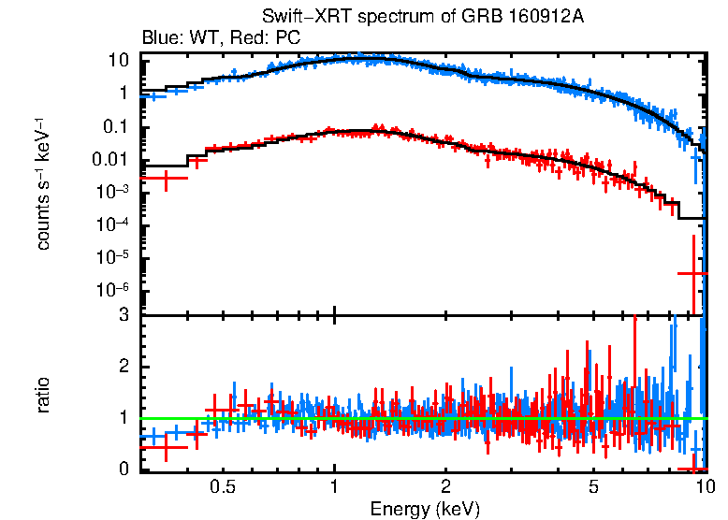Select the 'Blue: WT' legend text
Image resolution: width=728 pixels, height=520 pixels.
click(x=177, y=38)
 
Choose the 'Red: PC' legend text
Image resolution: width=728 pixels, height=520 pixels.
click(x=266, y=38)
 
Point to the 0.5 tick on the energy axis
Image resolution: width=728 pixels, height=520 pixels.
click(x=223, y=488)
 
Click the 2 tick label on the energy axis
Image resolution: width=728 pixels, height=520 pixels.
click(x=446, y=488)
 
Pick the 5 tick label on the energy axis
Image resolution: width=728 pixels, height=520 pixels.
click(x=593, y=488)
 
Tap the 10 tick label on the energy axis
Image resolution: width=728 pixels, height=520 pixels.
click(x=705, y=488)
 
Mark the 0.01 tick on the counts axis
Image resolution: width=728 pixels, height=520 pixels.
click(x=113, y=159)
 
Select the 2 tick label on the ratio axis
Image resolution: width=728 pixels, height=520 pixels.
click(x=123, y=367)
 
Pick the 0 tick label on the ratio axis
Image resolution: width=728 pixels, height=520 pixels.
click(x=123, y=469)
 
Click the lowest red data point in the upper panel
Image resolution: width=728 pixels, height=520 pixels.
click(x=692, y=273)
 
